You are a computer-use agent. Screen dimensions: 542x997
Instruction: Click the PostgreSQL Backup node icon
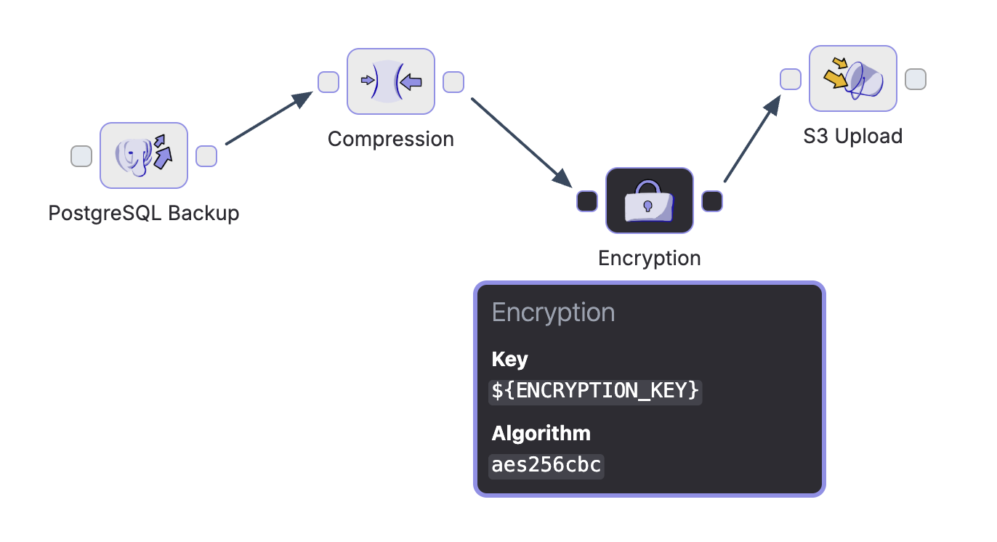(144, 155)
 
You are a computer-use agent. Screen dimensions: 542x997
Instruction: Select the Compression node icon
(391, 81)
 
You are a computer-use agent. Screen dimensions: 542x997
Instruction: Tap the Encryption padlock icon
(650, 201)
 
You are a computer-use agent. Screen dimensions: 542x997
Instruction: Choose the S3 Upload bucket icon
(853, 78)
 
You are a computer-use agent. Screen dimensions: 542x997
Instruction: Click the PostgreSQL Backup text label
(144, 214)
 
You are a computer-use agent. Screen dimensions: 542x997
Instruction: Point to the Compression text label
(391, 139)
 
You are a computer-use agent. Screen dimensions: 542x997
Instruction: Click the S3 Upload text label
(853, 136)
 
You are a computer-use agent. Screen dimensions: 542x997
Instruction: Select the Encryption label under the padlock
(650, 258)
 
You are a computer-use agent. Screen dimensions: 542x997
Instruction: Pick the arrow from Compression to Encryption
(520, 141)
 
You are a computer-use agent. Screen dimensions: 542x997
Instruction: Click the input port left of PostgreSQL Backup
(81, 155)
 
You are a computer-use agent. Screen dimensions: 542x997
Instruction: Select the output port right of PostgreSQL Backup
(206, 155)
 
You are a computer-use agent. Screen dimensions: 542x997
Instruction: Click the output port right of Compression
(453, 82)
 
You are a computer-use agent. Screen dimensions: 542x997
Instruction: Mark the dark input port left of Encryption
(587, 201)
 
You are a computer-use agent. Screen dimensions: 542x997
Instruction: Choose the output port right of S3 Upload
(916, 79)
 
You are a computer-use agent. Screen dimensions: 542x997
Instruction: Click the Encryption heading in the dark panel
(554, 312)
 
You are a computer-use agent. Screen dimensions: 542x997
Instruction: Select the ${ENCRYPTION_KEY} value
(596, 391)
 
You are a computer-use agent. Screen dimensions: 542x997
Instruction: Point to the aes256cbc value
(546, 465)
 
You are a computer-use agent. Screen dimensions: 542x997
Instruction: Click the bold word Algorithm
(541, 434)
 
